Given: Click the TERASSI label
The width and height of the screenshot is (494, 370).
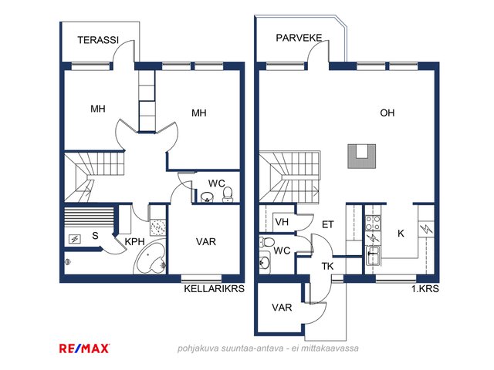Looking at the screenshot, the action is coord(98,40).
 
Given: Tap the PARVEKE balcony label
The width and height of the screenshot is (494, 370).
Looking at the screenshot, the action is coord(299,38).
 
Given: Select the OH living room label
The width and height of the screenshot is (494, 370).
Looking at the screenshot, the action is coord(387,113).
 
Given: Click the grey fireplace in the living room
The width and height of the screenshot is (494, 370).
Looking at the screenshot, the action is coord(362,156).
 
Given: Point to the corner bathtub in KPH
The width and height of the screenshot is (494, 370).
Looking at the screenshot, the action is coord(151,257).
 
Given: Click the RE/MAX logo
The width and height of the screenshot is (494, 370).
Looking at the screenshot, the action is coord(84,348).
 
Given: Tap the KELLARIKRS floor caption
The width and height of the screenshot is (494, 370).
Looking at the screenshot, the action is coord(215,288).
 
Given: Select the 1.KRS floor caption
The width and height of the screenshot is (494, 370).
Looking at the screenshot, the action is coord(425,288).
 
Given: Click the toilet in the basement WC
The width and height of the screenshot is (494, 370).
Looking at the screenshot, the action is coord(228,194).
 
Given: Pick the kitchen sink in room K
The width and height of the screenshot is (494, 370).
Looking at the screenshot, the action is coord(373,255).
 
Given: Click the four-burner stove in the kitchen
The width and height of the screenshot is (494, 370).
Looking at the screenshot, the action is coord(373,223).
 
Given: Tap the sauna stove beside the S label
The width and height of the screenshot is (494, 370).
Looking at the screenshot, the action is coord(75,240).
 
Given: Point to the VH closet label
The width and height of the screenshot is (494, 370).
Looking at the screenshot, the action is coord(282,222).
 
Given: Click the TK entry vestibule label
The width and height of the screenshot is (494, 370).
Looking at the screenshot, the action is coord(327,266).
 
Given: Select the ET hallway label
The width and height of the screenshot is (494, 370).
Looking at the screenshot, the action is coord(327,224).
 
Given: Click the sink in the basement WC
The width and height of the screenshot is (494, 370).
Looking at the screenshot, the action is coord(207,197).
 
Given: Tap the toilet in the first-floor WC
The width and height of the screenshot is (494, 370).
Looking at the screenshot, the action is coord(266,243).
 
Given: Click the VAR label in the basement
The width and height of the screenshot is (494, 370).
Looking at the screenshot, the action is coord(206,241).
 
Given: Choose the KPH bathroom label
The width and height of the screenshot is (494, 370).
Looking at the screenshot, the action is coord(134,241).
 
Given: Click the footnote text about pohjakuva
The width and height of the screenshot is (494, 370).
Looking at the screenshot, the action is coord(268,348).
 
